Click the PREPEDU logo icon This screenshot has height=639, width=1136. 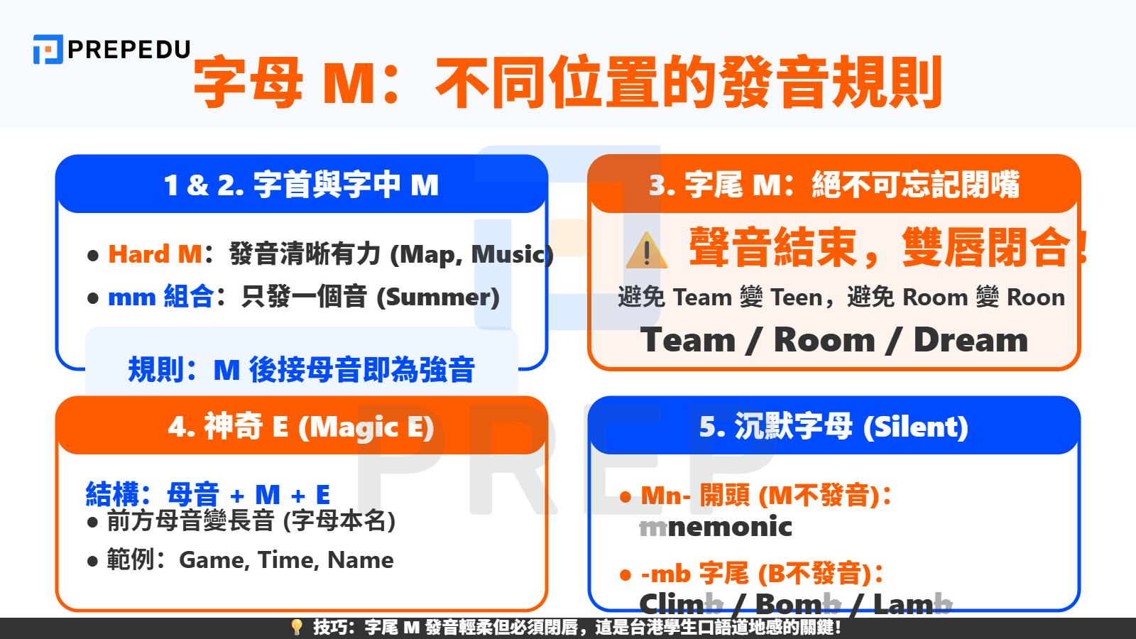tap(48, 50)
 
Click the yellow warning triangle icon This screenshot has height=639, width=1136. tap(646, 251)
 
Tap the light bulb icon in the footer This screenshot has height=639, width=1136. tap(297, 627)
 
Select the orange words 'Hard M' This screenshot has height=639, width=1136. tap(155, 254)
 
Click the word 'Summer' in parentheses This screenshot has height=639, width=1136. tap(437, 297)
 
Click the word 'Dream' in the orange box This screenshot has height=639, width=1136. tap(971, 340)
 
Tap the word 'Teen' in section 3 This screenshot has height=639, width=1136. tap(797, 297)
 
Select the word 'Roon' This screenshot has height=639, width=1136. tap(1036, 297)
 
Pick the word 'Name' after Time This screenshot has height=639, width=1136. tap(360, 560)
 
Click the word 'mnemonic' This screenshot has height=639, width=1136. tap(715, 527)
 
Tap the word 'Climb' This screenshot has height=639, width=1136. tap(681, 604)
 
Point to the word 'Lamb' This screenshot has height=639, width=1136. tap(912, 604)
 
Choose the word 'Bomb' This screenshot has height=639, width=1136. tap(797, 604)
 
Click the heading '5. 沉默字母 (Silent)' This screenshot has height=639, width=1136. tap(834, 427)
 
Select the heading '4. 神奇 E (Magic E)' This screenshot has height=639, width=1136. tap(301, 427)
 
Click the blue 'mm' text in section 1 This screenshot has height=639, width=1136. tap(132, 297)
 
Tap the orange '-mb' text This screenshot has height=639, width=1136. tap(665, 574)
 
